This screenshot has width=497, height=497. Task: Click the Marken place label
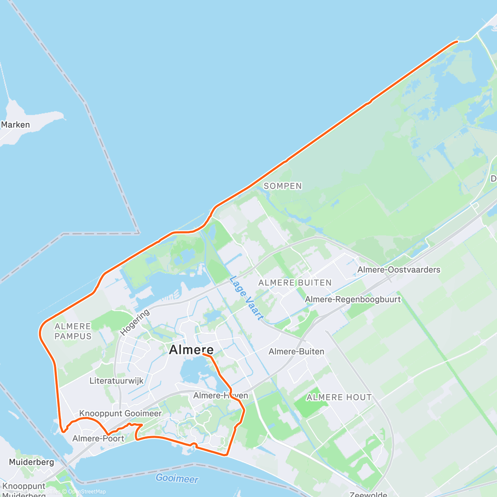click(x=15, y=125)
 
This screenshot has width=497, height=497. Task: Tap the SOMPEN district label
click(x=283, y=186)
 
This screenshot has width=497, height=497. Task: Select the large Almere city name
click(x=191, y=350)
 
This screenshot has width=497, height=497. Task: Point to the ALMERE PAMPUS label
click(x=73, y=331)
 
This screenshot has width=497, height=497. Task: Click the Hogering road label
click(x=135, y=323)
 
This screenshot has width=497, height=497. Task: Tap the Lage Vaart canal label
click(x=246, y=298)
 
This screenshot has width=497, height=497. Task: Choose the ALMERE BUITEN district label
click(x=295, y=283)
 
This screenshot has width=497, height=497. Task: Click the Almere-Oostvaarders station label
click(x=399, y=270)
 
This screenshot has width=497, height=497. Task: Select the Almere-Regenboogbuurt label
click(x=353, y=299)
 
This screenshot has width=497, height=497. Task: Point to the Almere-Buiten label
click(x=297, y=352)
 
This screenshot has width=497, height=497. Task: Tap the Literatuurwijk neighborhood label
click(x=116, y=381)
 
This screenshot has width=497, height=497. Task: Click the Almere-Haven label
click(x=220, y=396)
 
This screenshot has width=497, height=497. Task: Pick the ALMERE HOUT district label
click(x=339, y=398)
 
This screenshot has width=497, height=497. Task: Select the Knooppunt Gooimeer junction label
click(x=121, y=413)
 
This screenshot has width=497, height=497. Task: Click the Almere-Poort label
click(x=98, y=439)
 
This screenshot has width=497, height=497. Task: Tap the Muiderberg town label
click(x=31, y=462)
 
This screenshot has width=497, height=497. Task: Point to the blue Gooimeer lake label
click(x=177, y=479)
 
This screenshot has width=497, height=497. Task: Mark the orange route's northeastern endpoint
click(x=457, y=41)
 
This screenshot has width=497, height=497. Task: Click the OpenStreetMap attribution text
click(x=87, y=492)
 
